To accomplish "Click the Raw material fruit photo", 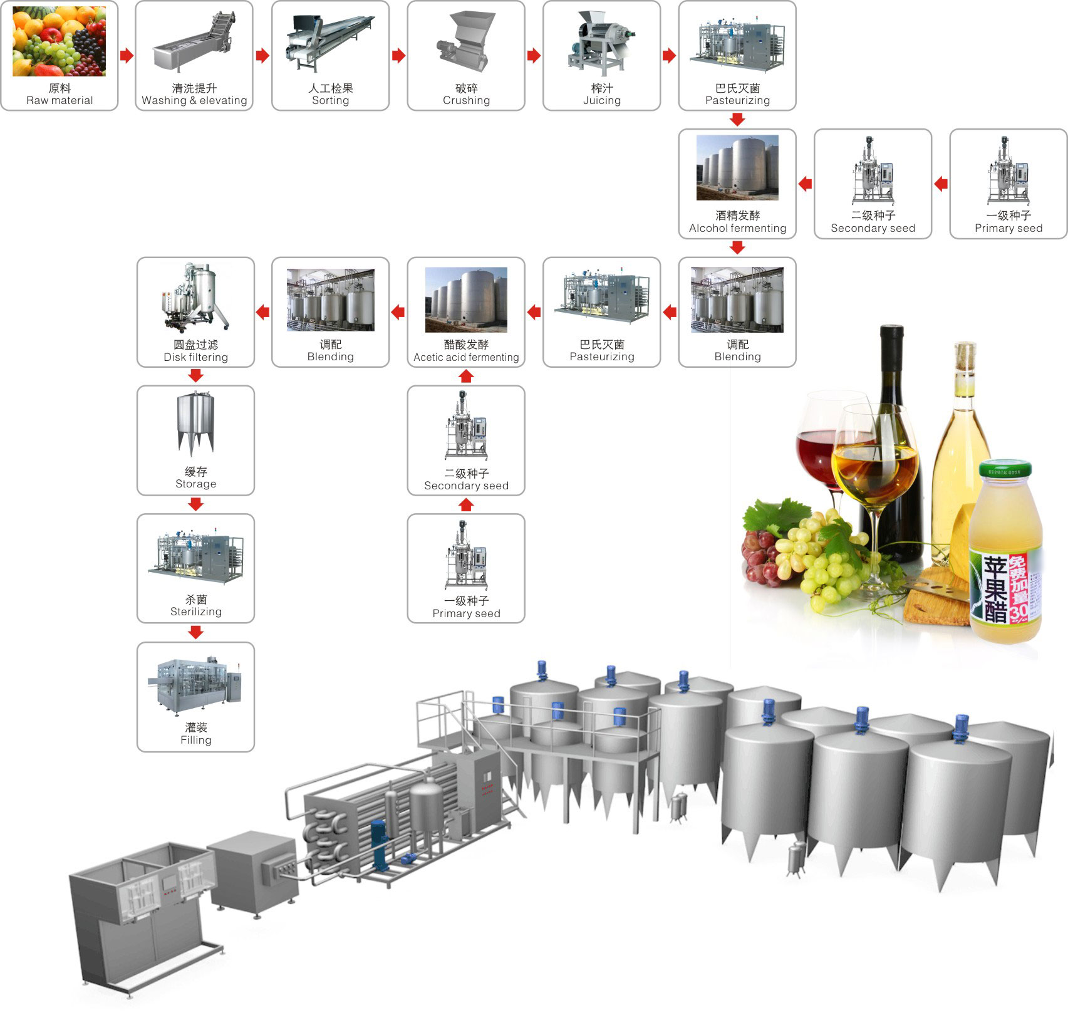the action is pos(60,41).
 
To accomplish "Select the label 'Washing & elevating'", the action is pos(194,100).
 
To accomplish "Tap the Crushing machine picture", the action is pos(466,42).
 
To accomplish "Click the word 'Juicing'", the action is pos(602,100).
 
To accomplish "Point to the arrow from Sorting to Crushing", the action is pos(398,56).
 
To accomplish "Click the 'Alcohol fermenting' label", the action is pos(737,228).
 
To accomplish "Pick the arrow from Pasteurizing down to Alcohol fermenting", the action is pos(737,119).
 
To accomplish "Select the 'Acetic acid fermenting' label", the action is pos(466,357).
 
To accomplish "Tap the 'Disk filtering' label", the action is pos(195,357).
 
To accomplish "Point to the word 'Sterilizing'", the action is pos(195,612).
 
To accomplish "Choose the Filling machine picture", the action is pos(195,685).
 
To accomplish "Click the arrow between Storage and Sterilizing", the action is pos(195,504).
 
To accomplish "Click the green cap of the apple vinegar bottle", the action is pos(1005,468).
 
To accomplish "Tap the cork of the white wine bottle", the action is pos(965,357).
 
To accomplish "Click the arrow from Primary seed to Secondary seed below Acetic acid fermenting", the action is pos(466,504).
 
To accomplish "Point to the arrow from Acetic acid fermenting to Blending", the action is pos(398,311).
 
